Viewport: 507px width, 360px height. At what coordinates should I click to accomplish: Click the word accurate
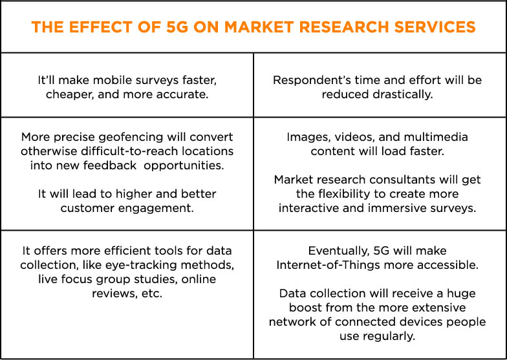pos(188,94)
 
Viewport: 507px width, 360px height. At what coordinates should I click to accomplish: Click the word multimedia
pos(438,137)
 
